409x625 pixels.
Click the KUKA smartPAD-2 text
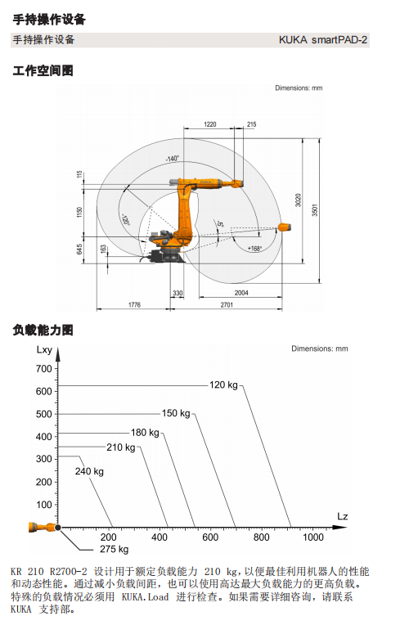point(323,40)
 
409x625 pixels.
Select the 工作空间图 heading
point(43,70)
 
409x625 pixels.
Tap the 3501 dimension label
point(315,210)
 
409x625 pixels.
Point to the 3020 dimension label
point(299,200)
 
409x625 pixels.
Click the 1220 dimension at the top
point(210,124)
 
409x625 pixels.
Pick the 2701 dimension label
point(227,304)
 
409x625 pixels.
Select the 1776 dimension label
point(134,304)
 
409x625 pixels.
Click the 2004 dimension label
point(241,293)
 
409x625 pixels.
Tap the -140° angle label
point(173,159)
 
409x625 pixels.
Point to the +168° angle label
point(254,249)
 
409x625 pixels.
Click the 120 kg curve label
point(223,385)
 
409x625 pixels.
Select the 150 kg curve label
point(176,413)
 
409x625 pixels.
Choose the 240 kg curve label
point(89,471)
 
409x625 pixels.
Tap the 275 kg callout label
point(114,549)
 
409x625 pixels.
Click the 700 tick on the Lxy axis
point(44,369)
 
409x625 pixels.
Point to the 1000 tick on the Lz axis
point(313,537)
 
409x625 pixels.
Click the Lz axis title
point(343,516)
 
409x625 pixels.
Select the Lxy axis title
point(44,350)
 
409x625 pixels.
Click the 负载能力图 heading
point(43,330)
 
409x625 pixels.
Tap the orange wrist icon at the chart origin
point(43,528)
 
